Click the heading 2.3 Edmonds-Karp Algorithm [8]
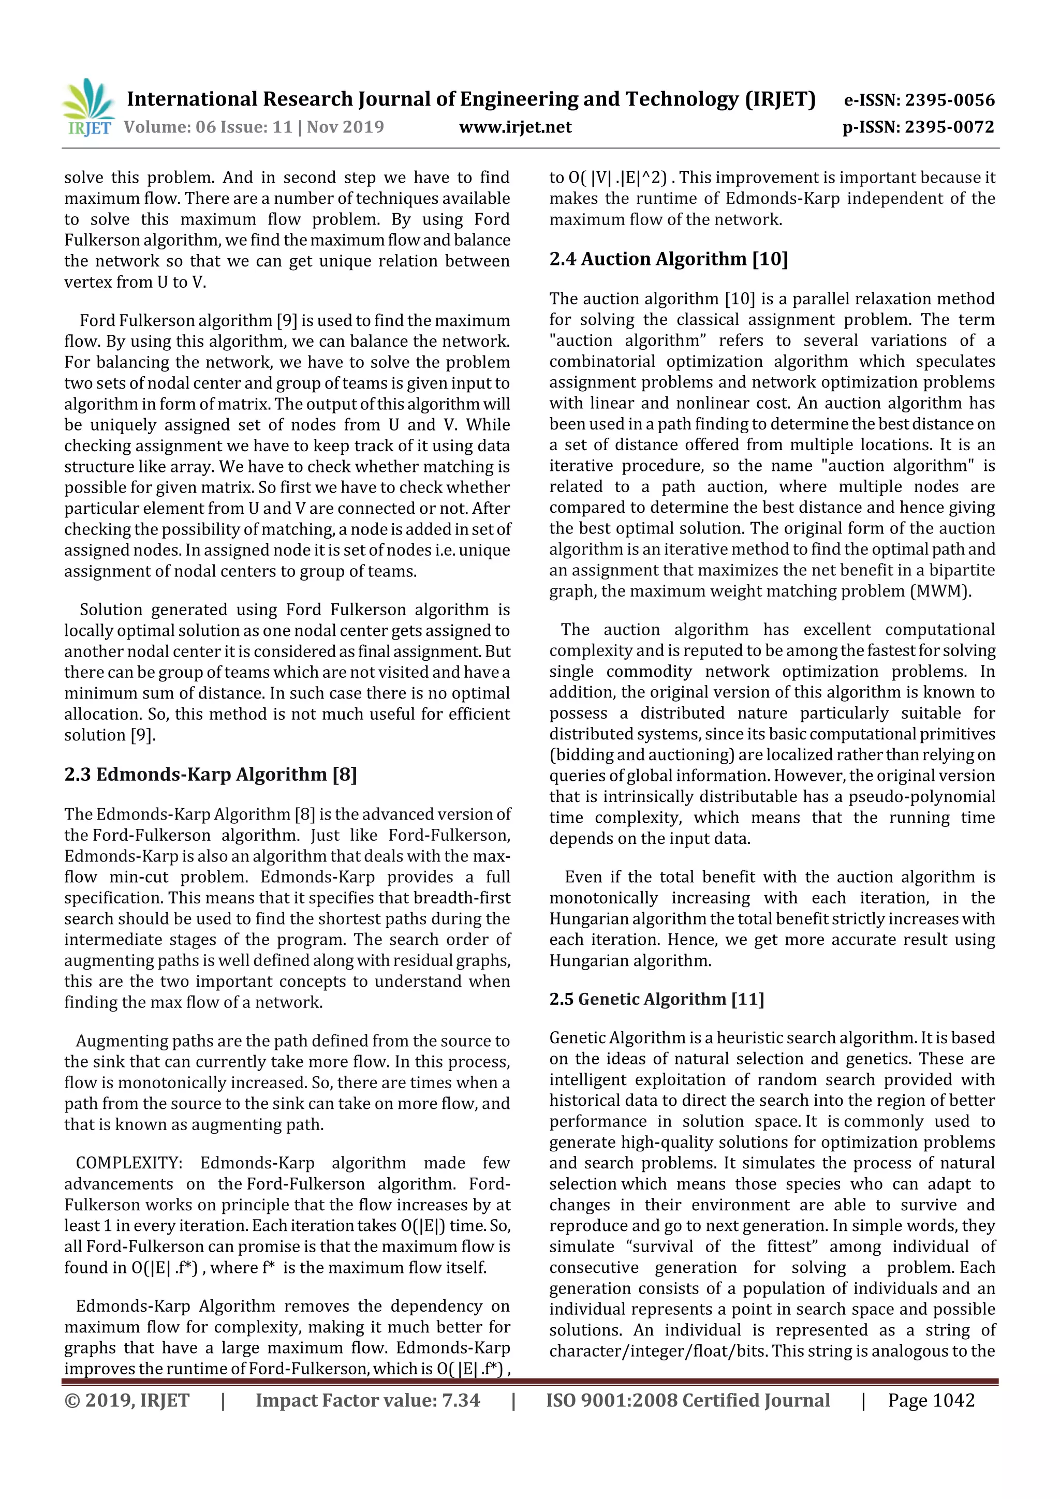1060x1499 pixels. tap(210, 775)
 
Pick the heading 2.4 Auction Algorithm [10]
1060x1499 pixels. tap(668, 259)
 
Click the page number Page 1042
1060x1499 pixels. tap(931, 1400)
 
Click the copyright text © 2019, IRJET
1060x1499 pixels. tap(127, 1400)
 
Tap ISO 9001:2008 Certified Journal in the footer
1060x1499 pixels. tap(688, 1400)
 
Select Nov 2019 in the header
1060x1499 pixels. tap(346, 127)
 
